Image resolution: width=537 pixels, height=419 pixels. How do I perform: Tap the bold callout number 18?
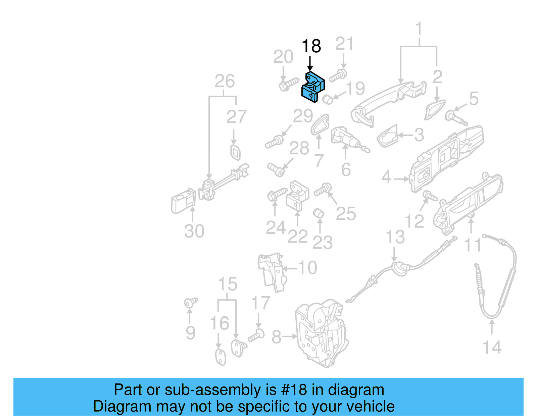(x=311, y=46)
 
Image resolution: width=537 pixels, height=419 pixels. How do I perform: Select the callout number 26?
(x=225, y=82)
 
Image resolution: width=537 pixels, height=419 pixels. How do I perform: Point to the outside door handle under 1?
(x=386, y=101)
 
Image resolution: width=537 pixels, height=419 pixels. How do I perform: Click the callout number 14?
(x=492, y=348)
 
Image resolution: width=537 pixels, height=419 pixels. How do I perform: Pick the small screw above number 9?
(x=191, y=302)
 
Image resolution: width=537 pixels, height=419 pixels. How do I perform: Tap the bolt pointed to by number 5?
(x=456, y=118)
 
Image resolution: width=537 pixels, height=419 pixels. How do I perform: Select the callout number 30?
(x=194, y=231)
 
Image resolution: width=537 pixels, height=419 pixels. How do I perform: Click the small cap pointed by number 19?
(x=327, y=99)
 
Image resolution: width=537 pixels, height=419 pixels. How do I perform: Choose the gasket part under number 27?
(x=235, y=152)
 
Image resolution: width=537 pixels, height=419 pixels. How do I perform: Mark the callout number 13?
(x=395, y=237)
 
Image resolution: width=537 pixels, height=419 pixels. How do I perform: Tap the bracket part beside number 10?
(x=272, y=272)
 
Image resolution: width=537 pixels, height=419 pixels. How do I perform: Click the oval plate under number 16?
(x=221, y=357)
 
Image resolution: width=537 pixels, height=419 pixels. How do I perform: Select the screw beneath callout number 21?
(x=338, y=76)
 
